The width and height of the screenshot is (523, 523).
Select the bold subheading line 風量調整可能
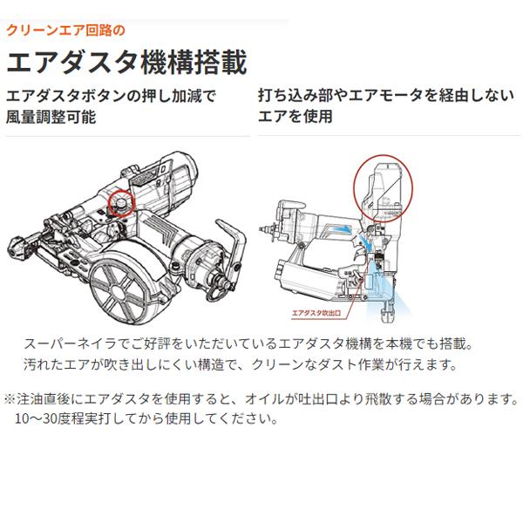point(51,117)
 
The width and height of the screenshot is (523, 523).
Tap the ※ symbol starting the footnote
point(10,399)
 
